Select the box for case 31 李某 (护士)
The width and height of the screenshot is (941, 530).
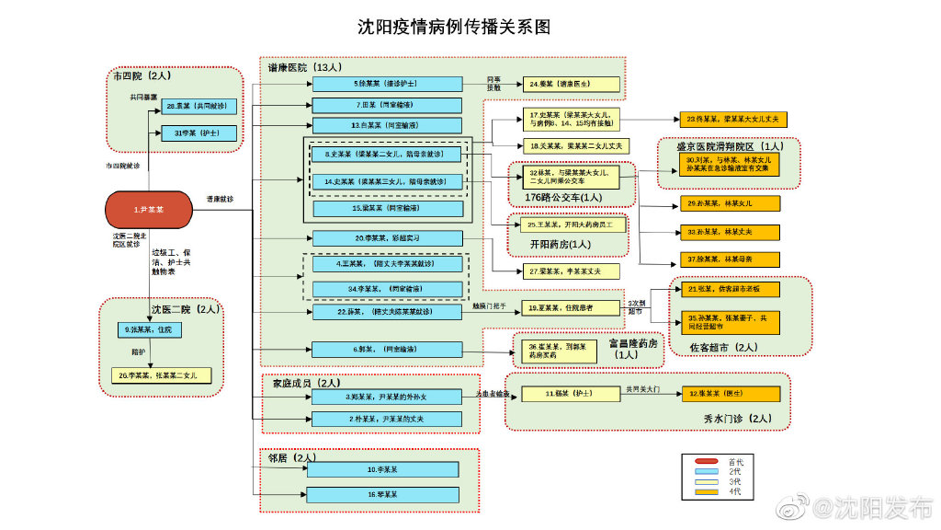(x=198, y=133)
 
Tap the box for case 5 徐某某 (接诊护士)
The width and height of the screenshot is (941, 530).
(x=386, y=84)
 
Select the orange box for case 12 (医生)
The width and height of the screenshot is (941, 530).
(x=731, y=394)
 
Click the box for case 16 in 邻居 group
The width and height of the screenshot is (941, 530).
(x=382, y=495)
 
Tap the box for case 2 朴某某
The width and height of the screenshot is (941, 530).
(x=386, y=419)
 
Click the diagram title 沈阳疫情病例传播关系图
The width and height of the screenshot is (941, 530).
(x=454, y=27)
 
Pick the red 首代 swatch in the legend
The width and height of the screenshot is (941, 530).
(x=706, y=461)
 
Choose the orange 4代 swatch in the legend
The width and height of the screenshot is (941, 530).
(x=706, y=492)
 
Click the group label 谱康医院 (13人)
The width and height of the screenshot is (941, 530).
(x=305, y=68)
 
